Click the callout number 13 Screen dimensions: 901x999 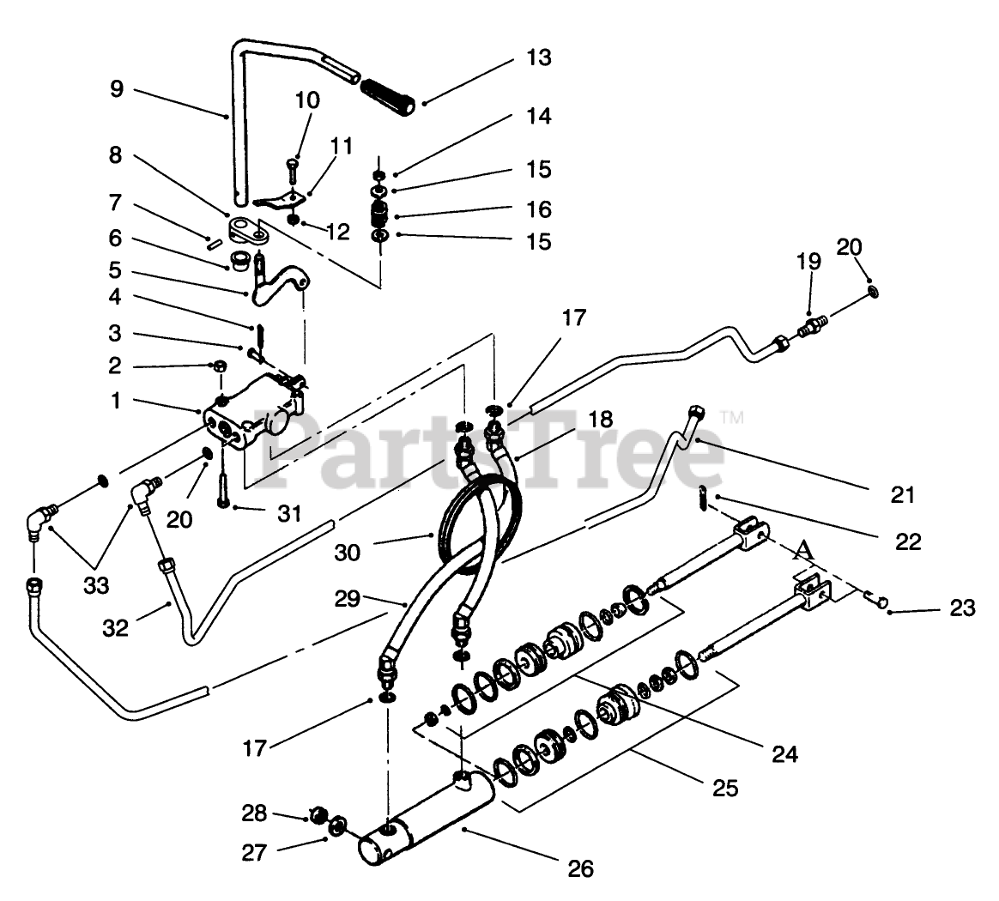click(x=538, y=58)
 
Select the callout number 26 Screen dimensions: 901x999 click(x=581, y=868)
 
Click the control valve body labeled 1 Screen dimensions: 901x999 click(x=249, y=411)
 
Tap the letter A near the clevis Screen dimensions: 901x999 click(x=804, y=550)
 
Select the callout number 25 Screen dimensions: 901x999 click(x=725, y=788)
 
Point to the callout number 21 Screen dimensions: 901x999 click(x=902, y=495)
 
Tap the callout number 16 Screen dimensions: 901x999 click(x=538, y=209)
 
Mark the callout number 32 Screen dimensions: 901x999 click(x=115, y=628)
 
